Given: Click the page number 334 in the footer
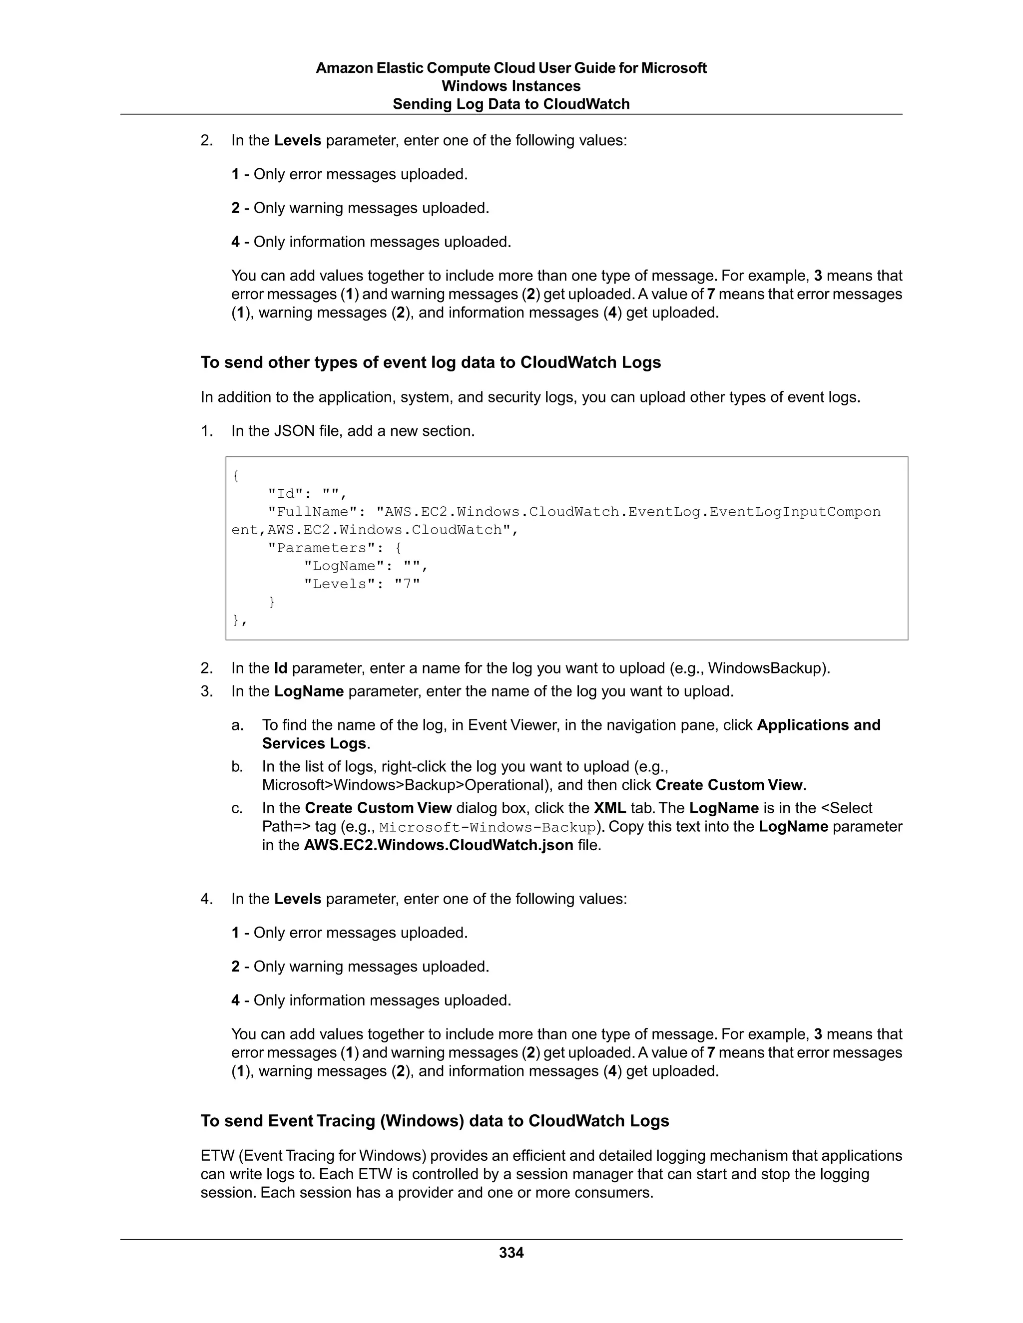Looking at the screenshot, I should [x=511, y=1253].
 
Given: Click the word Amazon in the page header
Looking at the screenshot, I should [x=344, y=68].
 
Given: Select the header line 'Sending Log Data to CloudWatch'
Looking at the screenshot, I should [x=511, y=104].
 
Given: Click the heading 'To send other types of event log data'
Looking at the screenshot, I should [x=430, y=362].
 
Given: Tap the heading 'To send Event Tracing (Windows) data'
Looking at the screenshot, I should [x=435, y=1121].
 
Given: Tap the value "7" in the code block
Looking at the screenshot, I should [x=407, y=584].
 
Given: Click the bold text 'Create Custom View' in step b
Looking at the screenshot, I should [x=729, y=785].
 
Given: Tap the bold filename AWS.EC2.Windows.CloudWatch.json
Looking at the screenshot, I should [x=438, y=845].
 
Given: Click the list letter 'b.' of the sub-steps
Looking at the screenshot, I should [x=238, y=767].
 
